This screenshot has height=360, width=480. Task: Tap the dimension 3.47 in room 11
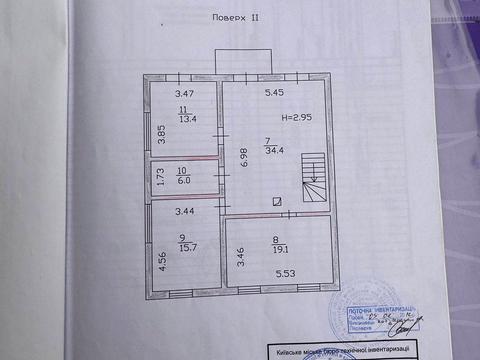[x=177, y=93]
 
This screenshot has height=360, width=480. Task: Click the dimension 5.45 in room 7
[x=275, y=93]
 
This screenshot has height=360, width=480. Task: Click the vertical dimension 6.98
[x=241, y=156]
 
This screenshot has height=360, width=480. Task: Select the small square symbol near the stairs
[x=276, y=201]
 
